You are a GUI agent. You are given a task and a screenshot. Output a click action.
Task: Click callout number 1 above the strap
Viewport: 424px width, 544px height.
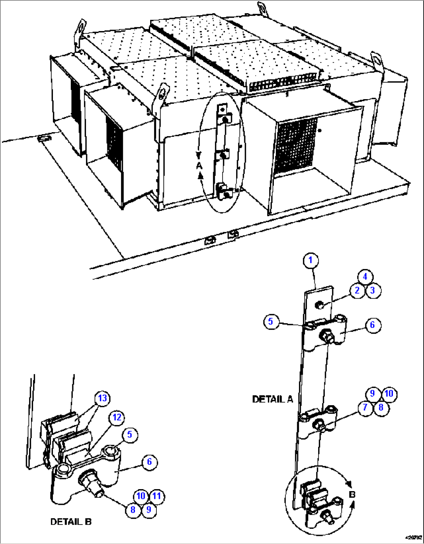click(x=310, y=261)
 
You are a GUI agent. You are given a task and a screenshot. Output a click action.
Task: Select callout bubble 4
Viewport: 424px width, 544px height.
click(x=364, y=277)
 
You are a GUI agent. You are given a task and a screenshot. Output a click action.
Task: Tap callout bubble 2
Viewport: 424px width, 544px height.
click(x=357, y=290)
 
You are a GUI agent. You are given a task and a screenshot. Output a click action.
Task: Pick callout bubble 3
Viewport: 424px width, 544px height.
click(x=373, y=290)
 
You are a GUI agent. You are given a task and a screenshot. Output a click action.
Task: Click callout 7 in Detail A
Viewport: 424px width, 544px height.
click(x=365, y=408)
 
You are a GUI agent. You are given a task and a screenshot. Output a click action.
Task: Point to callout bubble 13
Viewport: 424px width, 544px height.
click(x=102, y=398)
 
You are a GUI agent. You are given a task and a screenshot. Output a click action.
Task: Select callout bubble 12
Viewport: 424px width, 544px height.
click(x=117, y=418)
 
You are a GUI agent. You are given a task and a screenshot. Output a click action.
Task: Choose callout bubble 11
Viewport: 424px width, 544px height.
click(x=156, y=496)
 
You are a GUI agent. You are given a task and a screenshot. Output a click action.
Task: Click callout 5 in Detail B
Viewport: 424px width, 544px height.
click(x=130, y=435)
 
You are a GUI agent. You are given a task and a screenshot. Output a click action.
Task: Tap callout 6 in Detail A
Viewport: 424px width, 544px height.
click(x=372, y=325)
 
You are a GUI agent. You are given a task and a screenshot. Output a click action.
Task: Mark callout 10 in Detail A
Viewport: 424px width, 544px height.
click(x=389, y=394)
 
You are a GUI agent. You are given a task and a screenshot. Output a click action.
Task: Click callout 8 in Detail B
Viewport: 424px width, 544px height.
click(x=133, y=510)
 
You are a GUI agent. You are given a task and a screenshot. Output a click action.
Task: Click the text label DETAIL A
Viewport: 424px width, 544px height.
click(x=272, y=399)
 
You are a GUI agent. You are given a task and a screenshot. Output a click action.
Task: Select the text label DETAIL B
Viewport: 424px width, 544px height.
click(x=71, y=522)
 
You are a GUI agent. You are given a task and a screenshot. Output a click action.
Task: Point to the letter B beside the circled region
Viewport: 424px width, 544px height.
click(x=352, y=495)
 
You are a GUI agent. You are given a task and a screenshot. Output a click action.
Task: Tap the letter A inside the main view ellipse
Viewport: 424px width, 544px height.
click(x=199, y=166)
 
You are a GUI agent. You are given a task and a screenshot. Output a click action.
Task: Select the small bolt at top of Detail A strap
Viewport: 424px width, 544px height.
click(x=319, y=304)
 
